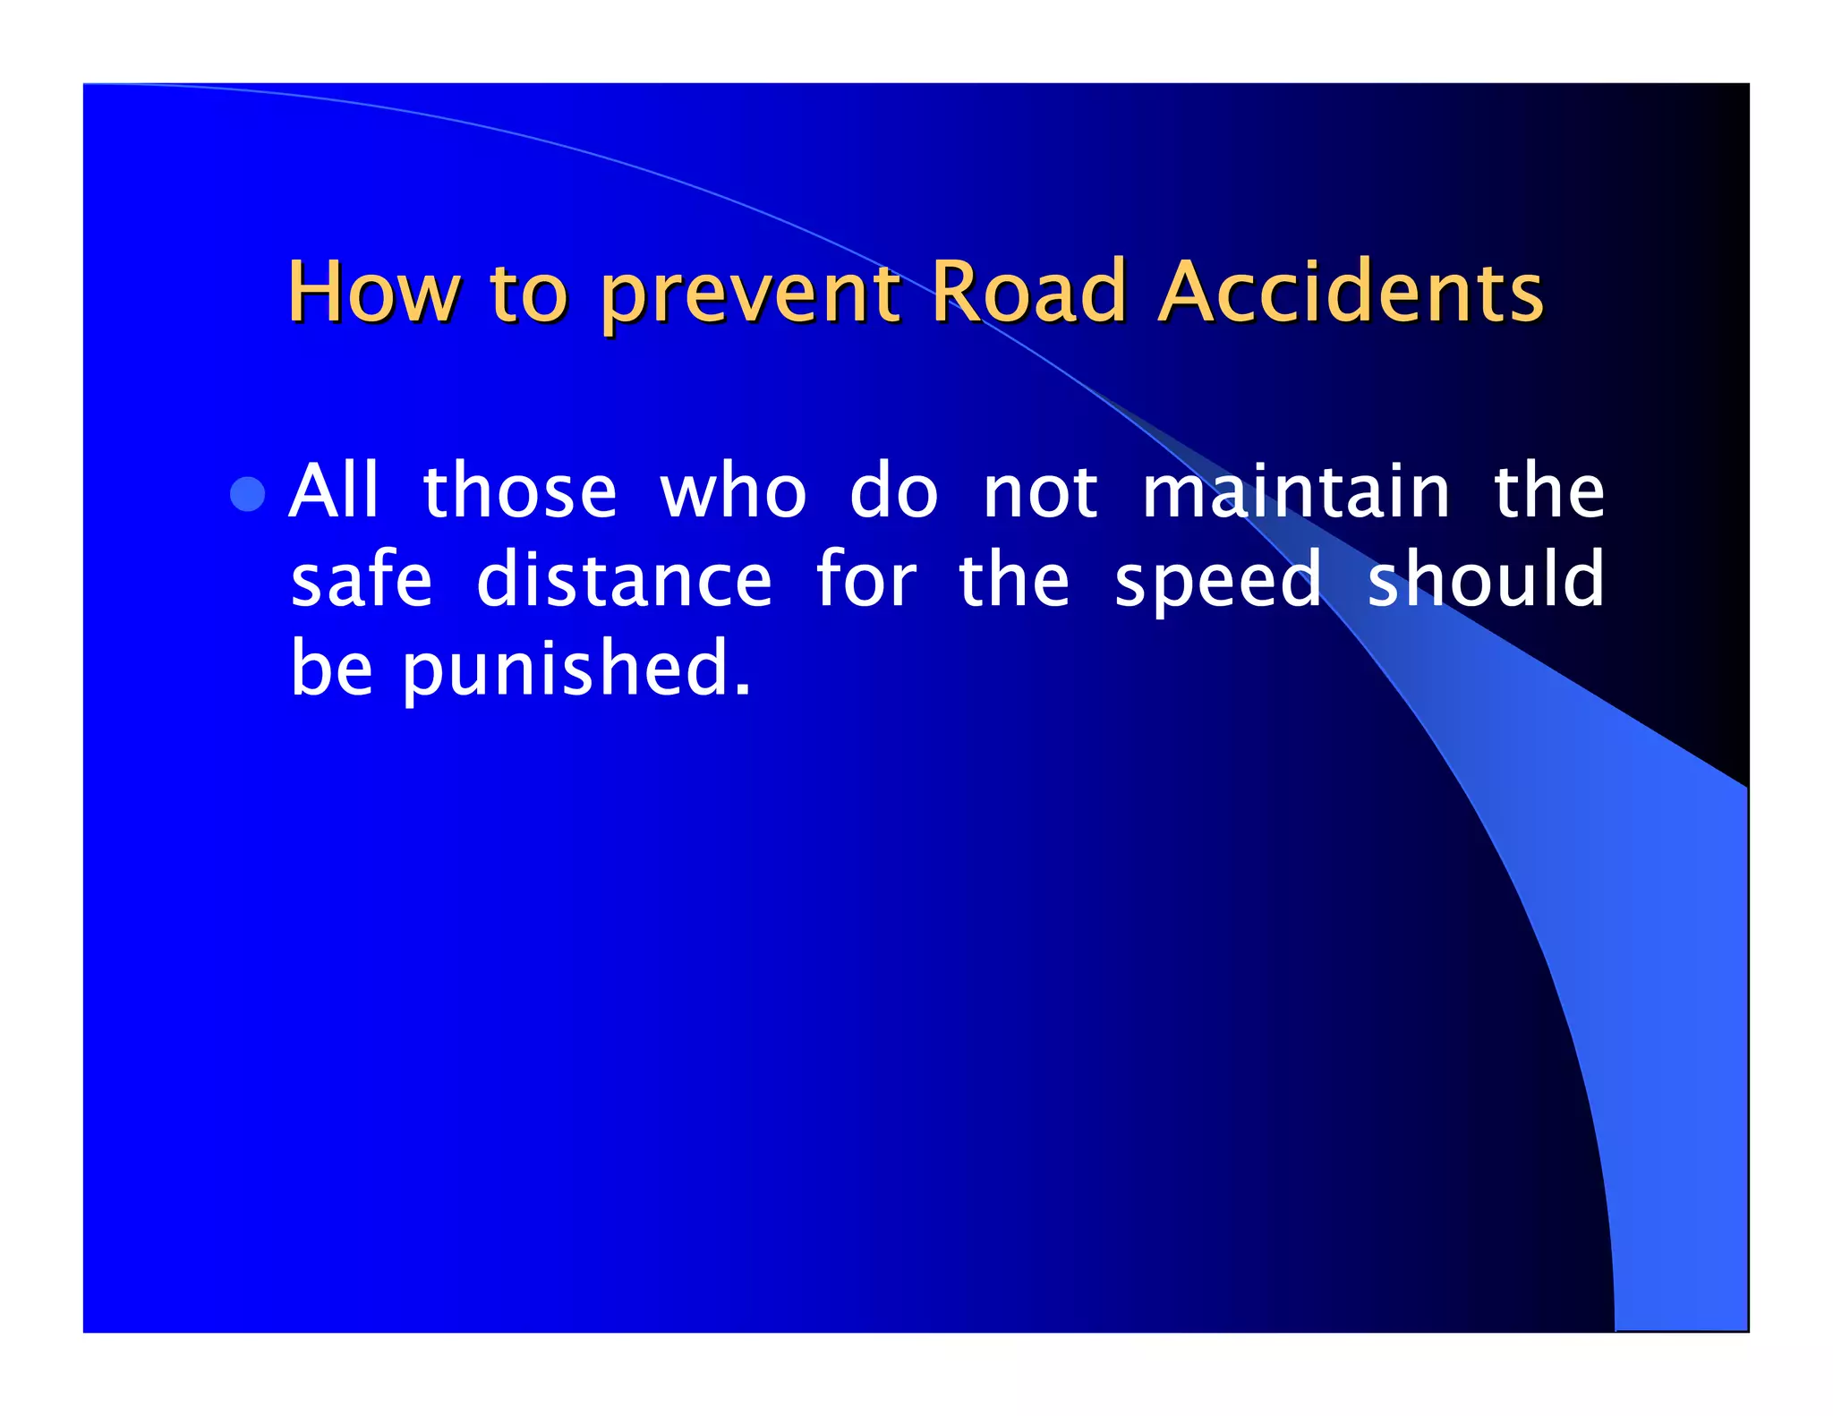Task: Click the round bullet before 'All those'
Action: [248, 493]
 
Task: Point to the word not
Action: [1039, 492]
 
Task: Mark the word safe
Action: [362, 579]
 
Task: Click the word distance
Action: [624, 580]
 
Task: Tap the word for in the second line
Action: [865, 579]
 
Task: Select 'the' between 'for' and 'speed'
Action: [1013, 579]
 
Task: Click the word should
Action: [1486, 579]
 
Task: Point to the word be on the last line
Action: [331, 667]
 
